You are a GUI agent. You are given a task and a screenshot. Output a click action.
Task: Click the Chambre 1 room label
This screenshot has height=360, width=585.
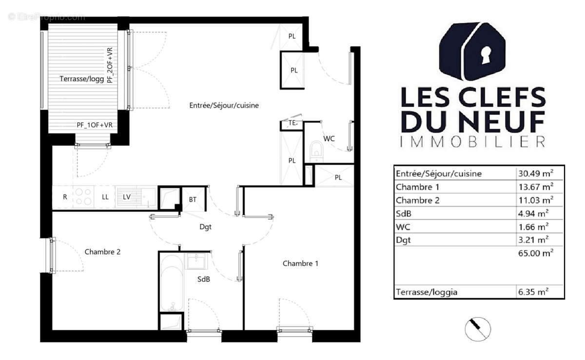click(300, 264)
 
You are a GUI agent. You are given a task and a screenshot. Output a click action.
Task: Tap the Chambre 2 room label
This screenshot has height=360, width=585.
click(102, 252)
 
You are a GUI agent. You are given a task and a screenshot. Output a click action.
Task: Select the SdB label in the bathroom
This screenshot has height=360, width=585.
click(204, 279)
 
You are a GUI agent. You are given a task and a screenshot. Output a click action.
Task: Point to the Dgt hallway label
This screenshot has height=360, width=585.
click(205, 227)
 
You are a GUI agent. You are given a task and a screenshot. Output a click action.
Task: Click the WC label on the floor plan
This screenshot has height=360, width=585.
click(330, 138)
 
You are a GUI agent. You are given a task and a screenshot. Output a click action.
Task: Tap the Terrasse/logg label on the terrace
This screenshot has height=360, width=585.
click(82, 78)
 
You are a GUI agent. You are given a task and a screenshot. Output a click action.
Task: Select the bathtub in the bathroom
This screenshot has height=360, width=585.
click(170, 283)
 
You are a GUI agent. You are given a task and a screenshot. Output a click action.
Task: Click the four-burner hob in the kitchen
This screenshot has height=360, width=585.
click(83, 197)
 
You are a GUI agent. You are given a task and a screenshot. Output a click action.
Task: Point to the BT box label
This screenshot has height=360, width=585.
click(193, 199)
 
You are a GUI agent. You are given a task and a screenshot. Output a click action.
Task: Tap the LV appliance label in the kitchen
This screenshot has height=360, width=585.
click(126, 197)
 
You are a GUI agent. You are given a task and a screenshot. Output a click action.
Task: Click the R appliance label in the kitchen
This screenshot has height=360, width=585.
click(65, 197)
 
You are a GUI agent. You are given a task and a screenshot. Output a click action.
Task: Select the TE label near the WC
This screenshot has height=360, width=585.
click(292, 123)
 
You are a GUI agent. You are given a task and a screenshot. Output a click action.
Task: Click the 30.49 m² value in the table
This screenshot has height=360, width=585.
click(535, 173)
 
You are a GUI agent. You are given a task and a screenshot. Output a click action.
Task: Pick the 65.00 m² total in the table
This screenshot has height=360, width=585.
click(535, 253)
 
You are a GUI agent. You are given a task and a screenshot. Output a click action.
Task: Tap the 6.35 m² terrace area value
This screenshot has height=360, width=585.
click(533, 292)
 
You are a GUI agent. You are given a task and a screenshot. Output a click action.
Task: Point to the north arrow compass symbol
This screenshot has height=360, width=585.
click(478, 329)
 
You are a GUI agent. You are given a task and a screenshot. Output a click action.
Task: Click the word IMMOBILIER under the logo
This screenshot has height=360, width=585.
click(472, 142)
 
